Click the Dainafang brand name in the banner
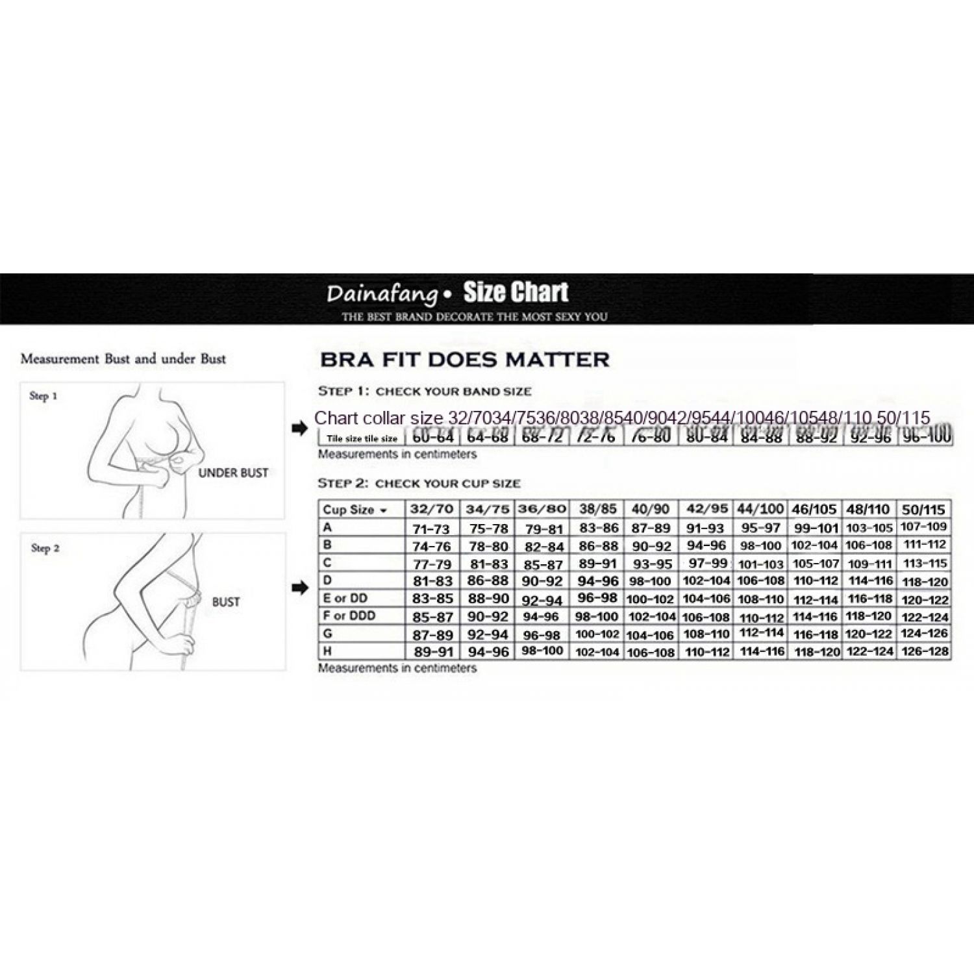(x=382, y=294)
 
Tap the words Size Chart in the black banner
(x=516, y=292)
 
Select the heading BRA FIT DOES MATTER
(x=465, y=360)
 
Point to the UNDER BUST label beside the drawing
(x=233, y=473)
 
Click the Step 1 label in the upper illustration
(x=44, y=395)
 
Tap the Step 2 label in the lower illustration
(x=45, y=548)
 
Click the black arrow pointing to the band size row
(x=299, y=429)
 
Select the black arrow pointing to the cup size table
(x=299, y=588)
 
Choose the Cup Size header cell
(x=355, y=510)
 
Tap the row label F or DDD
(x=349, y=616)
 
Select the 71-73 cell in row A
(x=431, y=529)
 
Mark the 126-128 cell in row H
(x=925, y=651)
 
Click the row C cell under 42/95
(x=706, y=563)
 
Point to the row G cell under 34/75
(x=488, y=634)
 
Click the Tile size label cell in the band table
(x=362, y=438)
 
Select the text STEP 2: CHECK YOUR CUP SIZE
(x=419, y=483)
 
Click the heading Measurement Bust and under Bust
(x=123, y=358)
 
